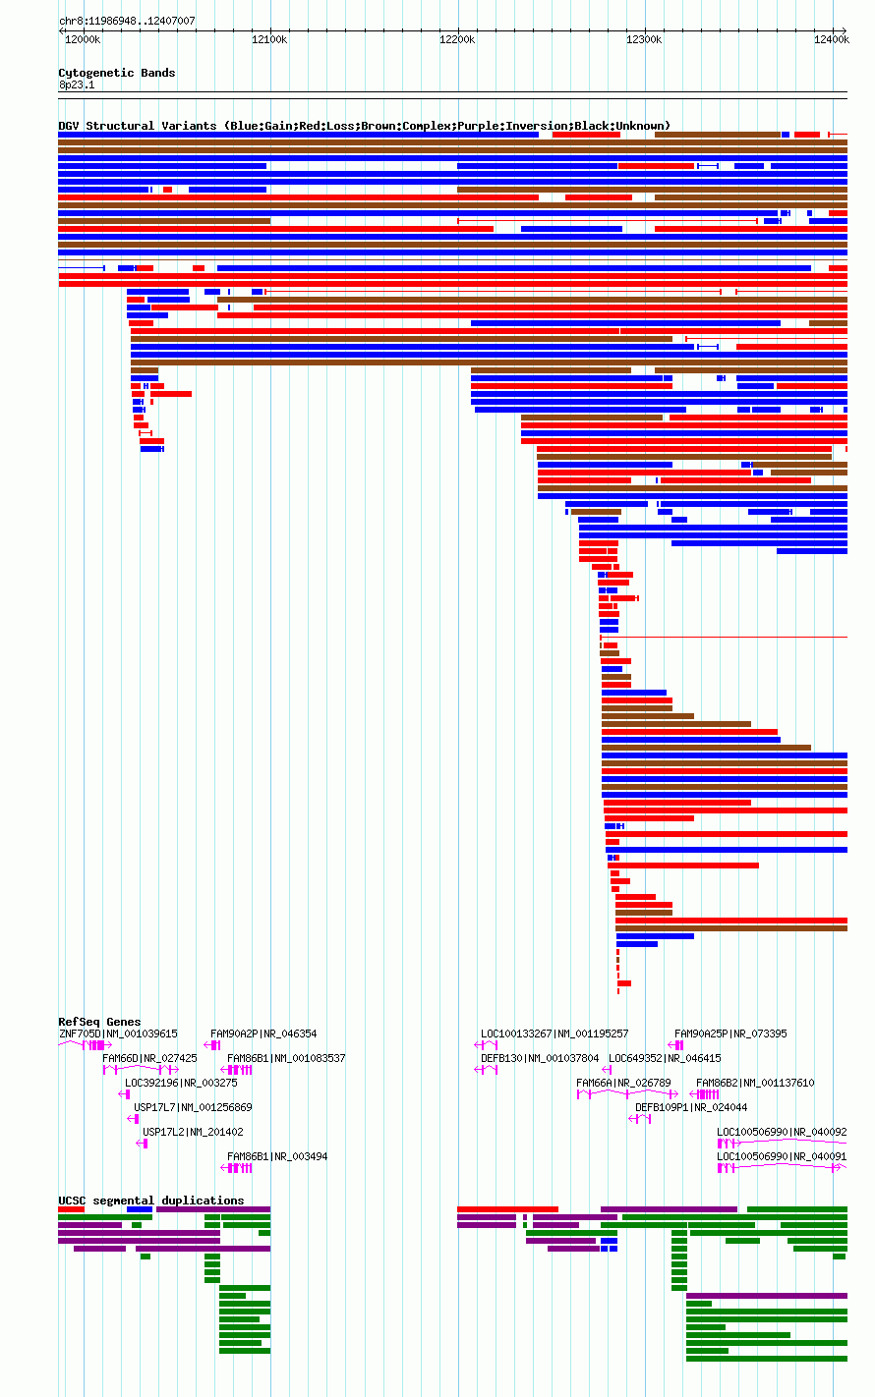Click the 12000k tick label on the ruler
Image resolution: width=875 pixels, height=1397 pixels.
coord(83,40)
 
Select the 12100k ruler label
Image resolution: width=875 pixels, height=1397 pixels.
coord(269,40)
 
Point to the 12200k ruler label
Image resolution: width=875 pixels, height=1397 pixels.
coord(457,40)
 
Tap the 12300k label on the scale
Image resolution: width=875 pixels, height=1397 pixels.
coord(644,40)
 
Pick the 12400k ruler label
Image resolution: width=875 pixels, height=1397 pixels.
coord(832,40)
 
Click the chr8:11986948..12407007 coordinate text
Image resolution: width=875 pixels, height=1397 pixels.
coord(127,22)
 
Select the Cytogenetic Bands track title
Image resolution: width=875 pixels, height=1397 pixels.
coord(117,73)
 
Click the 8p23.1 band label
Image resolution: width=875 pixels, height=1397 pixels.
coord(77,84)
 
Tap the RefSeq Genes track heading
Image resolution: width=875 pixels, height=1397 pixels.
coord(99,1022)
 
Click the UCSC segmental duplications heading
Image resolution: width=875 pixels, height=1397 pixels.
coord(151,1201)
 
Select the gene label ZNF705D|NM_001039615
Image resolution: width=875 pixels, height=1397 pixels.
coord(118,1034)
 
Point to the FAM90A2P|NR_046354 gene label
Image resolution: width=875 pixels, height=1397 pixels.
coord(263,1034)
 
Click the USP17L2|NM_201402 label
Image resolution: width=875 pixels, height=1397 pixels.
coord(193,1132)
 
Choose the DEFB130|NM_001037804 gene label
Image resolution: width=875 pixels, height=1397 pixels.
coord(540,1058)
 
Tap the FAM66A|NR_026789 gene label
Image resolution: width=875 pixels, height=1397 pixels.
coord(623,1083)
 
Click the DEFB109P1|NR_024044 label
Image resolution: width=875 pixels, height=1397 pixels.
coord(691,1107)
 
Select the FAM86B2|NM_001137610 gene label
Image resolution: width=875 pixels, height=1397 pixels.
coord(755,1083)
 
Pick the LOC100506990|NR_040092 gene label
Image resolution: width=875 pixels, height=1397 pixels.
coord(782,1132)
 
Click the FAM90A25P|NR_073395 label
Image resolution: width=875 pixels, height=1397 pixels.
coord(730,1034)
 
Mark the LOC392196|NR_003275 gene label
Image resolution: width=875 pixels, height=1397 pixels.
coord(181,1083)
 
